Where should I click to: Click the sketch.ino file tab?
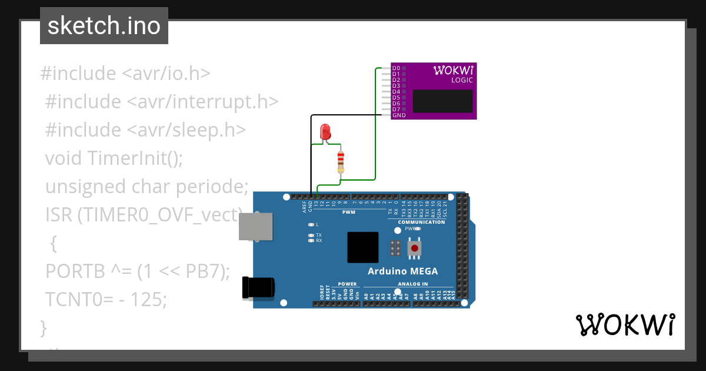(104, 26)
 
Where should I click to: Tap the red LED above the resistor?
(325, 132)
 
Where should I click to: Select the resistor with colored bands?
(340, 161)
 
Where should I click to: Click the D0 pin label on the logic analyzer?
(396, 68)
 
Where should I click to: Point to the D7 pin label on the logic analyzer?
(396, 109)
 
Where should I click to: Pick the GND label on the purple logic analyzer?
(399, 115)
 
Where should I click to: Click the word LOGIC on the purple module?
(462, 80)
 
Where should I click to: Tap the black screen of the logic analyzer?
(442, 101)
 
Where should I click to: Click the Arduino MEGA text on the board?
(402, 271)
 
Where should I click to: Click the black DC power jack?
(258, 288)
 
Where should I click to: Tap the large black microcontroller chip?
(362, 247)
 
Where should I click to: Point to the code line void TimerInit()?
(114, 158)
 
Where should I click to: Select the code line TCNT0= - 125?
(106, 299)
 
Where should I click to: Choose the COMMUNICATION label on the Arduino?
(421, 222)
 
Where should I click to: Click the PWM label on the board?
(348, 212)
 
